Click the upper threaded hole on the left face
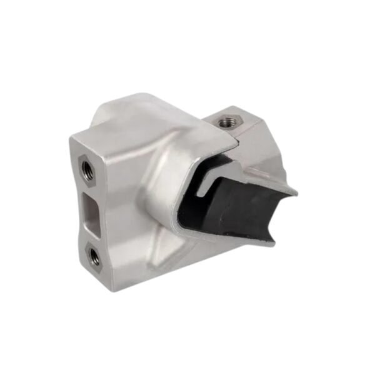pos(87,169)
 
